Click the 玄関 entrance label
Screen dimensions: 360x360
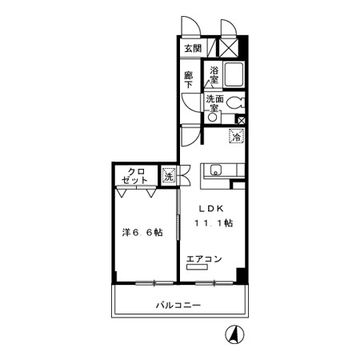tap(193, 48)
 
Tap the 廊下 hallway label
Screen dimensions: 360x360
tap(189, 80)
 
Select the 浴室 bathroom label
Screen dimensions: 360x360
tap(214, 75)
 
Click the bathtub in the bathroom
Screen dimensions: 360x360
tap(234, 74)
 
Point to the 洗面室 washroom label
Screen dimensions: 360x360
tap(214, 103)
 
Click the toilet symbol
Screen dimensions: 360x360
tap(236, 102)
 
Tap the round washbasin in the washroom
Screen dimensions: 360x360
tap(213, 118)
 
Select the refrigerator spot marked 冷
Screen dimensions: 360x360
tap(237, 136)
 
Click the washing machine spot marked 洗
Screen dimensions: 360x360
tap(169, 175)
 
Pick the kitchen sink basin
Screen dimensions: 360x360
tap(215, 170)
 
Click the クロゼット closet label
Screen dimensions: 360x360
tap(134, 176)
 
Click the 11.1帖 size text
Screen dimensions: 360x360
tap(214, 223)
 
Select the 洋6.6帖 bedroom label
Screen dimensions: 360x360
tap(142, 233)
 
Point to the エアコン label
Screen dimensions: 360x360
tap(204, 258)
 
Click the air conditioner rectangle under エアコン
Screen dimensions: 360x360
tap(198, 267)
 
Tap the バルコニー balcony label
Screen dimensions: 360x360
tap(178, 305)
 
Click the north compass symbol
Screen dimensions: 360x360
tap(235, 334)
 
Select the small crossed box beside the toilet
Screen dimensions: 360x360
tap(241, 121)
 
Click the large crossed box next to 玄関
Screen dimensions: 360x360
tap(229, 48)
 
